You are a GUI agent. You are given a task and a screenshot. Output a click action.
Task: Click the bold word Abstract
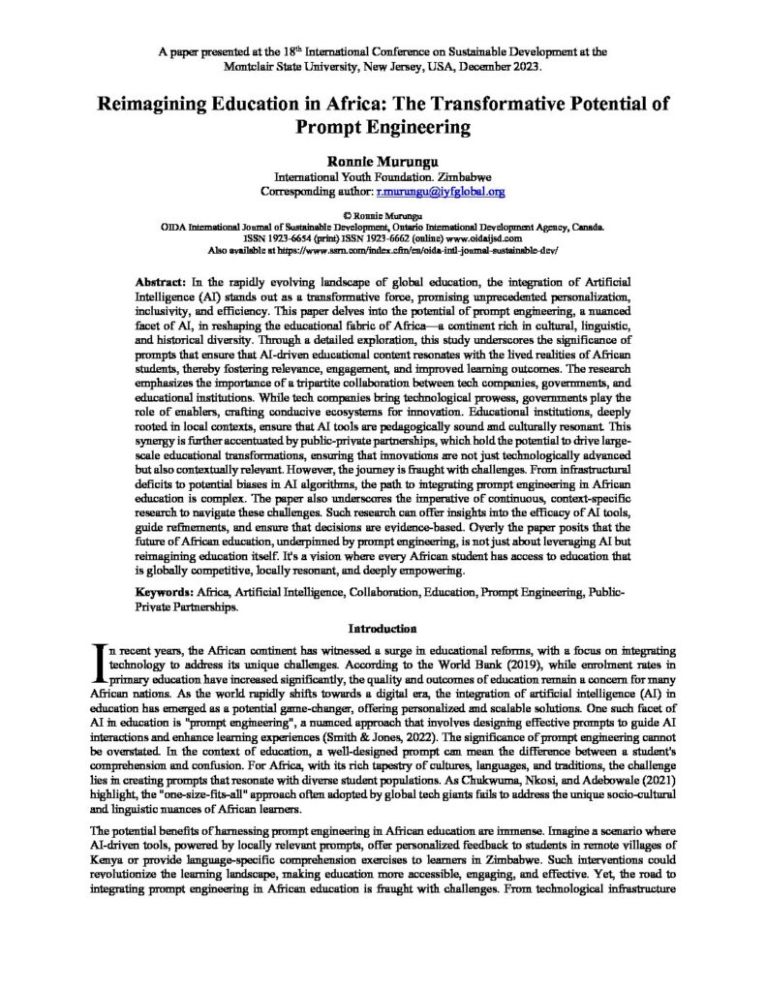coord(158,276)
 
